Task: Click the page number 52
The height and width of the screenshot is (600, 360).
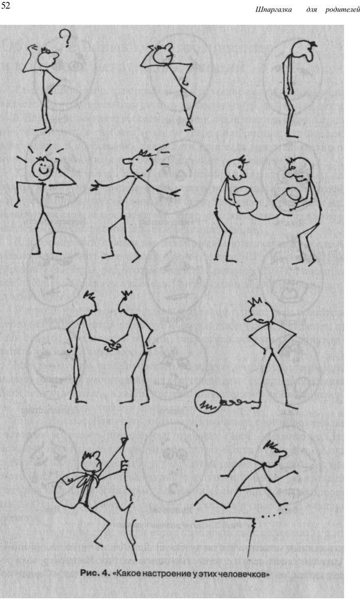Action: point(6,6)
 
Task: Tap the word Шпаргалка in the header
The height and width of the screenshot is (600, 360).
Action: point(273,9)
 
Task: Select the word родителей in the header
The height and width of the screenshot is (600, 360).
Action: point(343,9)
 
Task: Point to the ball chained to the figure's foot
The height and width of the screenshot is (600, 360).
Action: point(207,402)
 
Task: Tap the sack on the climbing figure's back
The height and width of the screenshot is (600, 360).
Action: point(73,490)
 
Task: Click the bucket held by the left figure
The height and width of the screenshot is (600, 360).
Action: point(246,200)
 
